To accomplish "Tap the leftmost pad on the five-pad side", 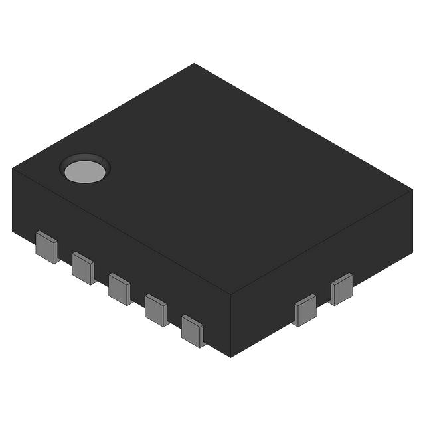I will pyautogui.click(x=46, y=247).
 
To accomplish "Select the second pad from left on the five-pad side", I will pyautogui.click(x=83, y=268).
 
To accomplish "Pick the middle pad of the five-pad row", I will pyautogui.click(x=120, y=289).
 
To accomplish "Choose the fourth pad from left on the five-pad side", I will pyautogui.click(x=156, y=309).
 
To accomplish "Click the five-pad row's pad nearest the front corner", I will pyautogui.click(x=193, y=331).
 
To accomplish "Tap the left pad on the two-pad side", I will pyautogui.click(x=305, y=310).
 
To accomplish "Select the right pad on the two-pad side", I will pyautogui.click(x=342, y=289).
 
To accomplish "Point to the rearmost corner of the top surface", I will pyautogui.click(x=194, y=64).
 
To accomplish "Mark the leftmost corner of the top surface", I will pyautogui.click(x=13, y=168).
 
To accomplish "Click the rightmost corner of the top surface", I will pyautogui.click(x=412, y=189).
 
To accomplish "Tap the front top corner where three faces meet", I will pyautogui.click(x=231, y=294).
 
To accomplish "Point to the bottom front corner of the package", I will pyautogui.click(x=231, y=357).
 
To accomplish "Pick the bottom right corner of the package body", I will pyautogui.click(x=412, y=252).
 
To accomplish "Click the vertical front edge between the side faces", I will pyautogui.click(x=231, y=325).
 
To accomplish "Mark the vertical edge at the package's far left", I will pyautogui.click(x=13, y=199).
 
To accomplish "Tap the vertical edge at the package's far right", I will pyautogui.click(x=412, y=220).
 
